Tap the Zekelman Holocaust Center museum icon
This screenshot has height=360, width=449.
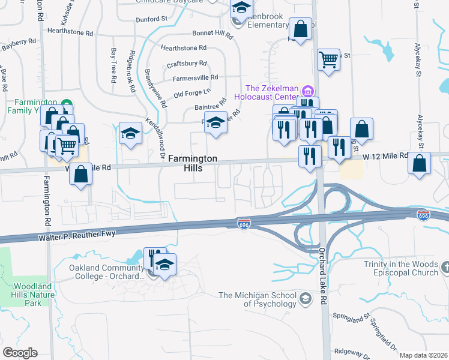308,91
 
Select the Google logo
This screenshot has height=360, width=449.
20,353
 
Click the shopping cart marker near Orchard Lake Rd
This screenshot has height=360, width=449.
328,59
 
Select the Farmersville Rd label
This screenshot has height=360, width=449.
195,77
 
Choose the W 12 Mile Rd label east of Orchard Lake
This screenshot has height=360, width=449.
385,155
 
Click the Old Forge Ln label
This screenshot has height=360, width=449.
192,93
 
